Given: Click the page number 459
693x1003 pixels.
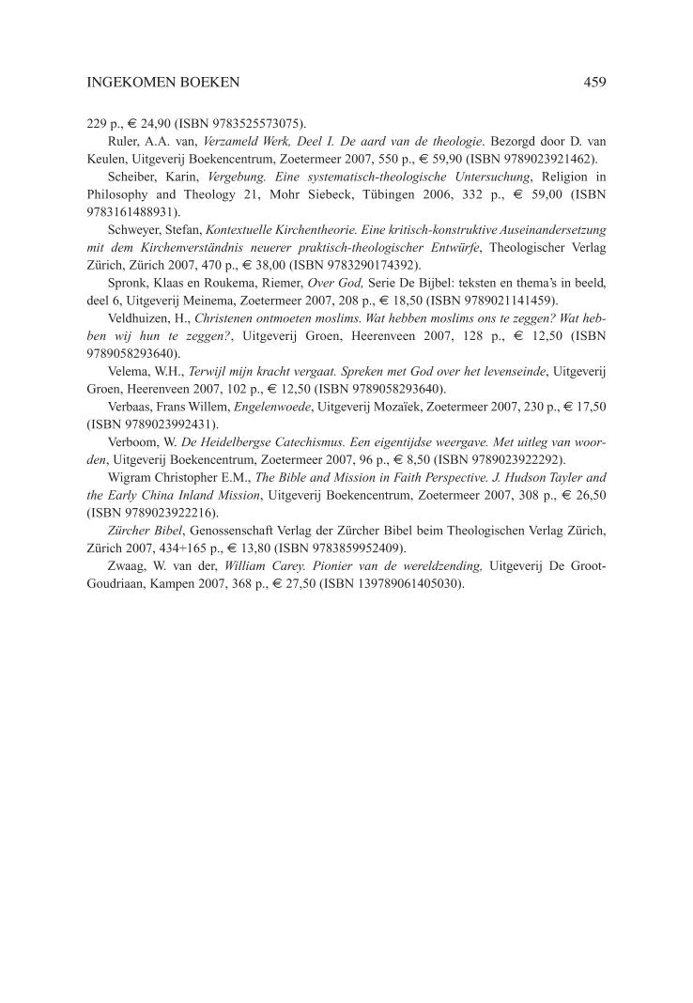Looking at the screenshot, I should point(593,83).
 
